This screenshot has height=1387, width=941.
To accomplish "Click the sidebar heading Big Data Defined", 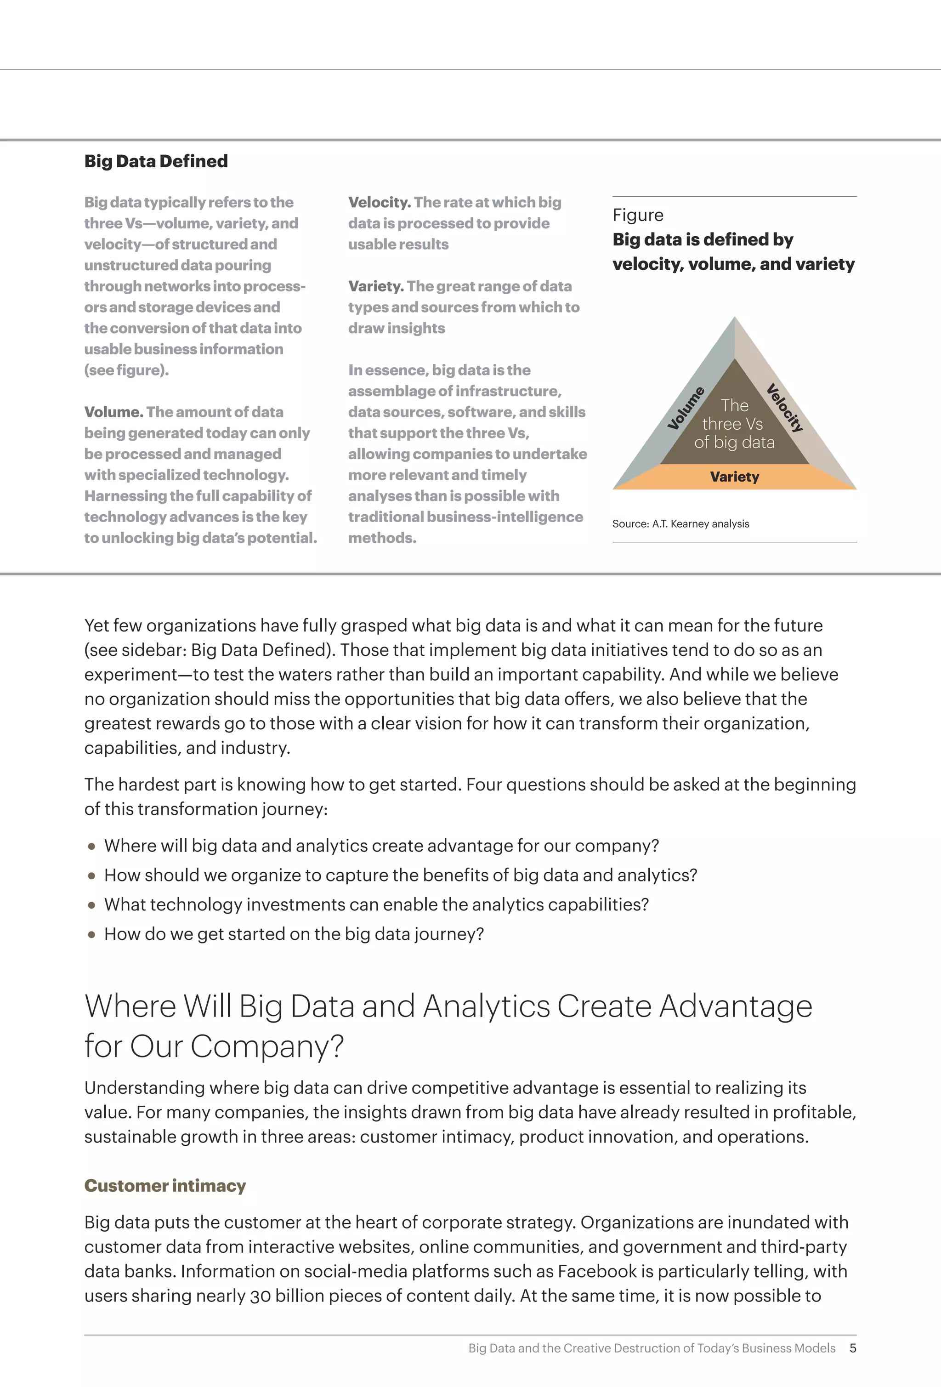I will [x=156, y=161].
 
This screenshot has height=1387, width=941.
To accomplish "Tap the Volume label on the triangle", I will [x=686, y=408].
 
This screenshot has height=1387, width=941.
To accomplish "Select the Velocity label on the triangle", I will [x=785, y=408].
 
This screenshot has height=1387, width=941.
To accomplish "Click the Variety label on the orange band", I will [x=735, y=477].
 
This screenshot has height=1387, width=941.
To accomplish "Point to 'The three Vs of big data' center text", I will [x=734, y=424].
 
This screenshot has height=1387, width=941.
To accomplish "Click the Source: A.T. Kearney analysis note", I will [x=680, y=524].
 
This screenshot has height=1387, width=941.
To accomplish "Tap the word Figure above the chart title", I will [x=638, y=215].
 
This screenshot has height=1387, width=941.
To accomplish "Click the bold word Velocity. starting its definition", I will [x=380, y=202].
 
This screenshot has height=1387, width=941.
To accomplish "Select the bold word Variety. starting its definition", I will [x=376, y=286].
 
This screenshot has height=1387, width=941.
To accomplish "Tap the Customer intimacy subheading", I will [x=164, y=1185].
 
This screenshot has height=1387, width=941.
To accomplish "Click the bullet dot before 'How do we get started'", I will [x=91, y=935].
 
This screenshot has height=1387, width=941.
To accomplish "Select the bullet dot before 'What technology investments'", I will [x=91, y=905].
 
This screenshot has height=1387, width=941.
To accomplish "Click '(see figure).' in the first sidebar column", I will [x=126, y=370].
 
